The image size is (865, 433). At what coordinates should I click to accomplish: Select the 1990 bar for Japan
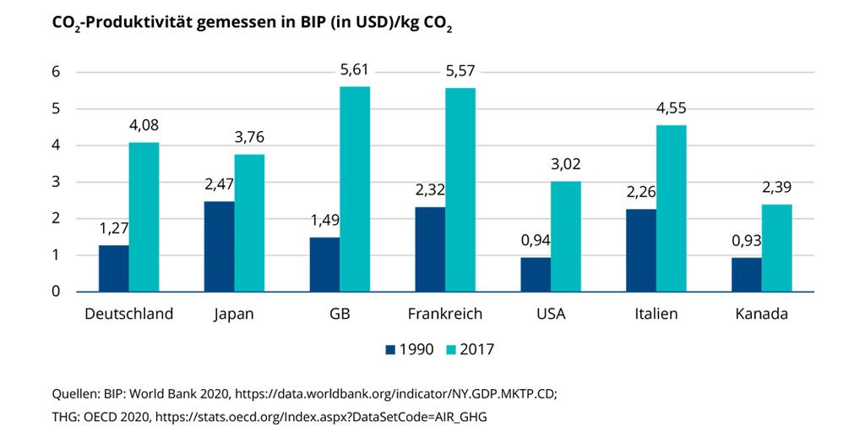[219, 246]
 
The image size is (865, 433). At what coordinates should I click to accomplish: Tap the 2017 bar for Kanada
[777, 248]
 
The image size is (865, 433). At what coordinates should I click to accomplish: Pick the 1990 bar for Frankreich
[430, 249]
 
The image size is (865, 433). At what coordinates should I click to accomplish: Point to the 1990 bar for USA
[536, 274]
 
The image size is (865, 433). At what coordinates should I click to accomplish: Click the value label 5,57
[461, 71]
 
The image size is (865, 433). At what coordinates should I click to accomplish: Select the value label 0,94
[536, 242]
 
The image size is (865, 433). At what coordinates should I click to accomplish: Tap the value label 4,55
[672, 109]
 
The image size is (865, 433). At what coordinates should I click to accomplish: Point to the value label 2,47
[219, 185]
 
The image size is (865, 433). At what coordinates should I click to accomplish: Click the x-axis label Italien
[656, 314]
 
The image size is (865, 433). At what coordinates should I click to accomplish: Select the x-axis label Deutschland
[129, 314]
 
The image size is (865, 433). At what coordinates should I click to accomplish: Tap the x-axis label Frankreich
[445, 314]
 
